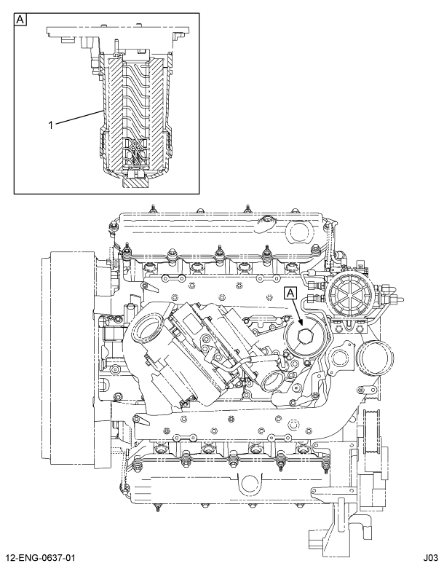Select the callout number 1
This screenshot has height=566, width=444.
coord(51,125)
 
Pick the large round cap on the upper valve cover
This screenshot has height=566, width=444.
coord(300,232)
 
